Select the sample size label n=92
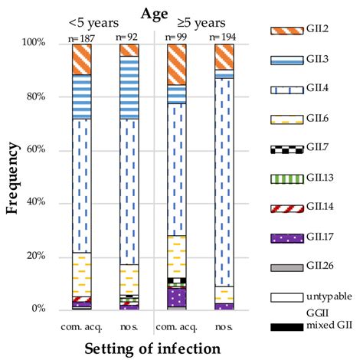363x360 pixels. [x=129, y=37]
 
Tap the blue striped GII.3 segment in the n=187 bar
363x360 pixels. [x=82, y=97]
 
